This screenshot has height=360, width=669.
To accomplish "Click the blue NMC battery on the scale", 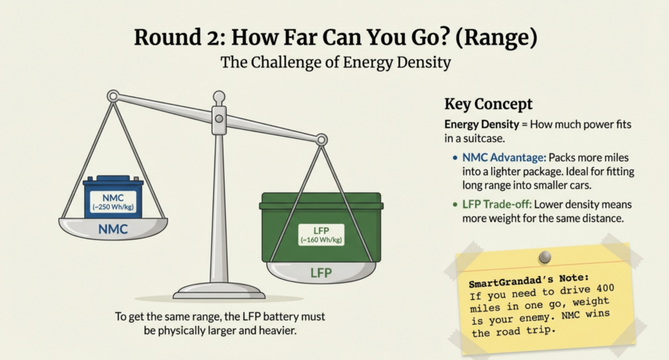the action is (x=113, y=197).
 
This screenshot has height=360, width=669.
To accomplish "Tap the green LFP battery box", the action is (x=321, y=227).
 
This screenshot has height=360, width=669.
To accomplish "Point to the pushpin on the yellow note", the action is (x=545, y=257).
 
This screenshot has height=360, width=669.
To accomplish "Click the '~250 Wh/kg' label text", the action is (x=113, y=207).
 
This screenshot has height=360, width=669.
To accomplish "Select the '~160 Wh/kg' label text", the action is (x=321, y=240).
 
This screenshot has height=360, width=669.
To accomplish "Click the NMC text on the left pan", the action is (x=113, y=229).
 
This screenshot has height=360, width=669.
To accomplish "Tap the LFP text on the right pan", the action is (x=321, y=273).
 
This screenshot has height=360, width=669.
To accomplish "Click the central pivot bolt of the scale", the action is (x=219, y=118).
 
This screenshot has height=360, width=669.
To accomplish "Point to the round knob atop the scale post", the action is (x=219, y=97).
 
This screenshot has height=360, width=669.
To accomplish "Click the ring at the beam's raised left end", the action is (x=113, y=96).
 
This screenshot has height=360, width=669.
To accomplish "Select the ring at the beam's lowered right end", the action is (x=321, y=139).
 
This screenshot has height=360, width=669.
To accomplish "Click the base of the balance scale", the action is (x=219, y=292).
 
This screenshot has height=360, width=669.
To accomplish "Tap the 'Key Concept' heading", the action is (x=489, y=104).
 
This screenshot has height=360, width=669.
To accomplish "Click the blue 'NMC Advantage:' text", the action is (x=504, y=158).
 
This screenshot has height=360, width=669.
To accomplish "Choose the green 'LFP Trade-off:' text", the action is (x=497, y=205).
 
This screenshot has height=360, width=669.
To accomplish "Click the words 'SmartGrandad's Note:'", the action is (x=529, y=281).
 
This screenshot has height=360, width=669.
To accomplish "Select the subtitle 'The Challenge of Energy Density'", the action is (x=335, y=62).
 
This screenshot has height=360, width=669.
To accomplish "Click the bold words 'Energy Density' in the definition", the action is (x=481, y=125).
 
